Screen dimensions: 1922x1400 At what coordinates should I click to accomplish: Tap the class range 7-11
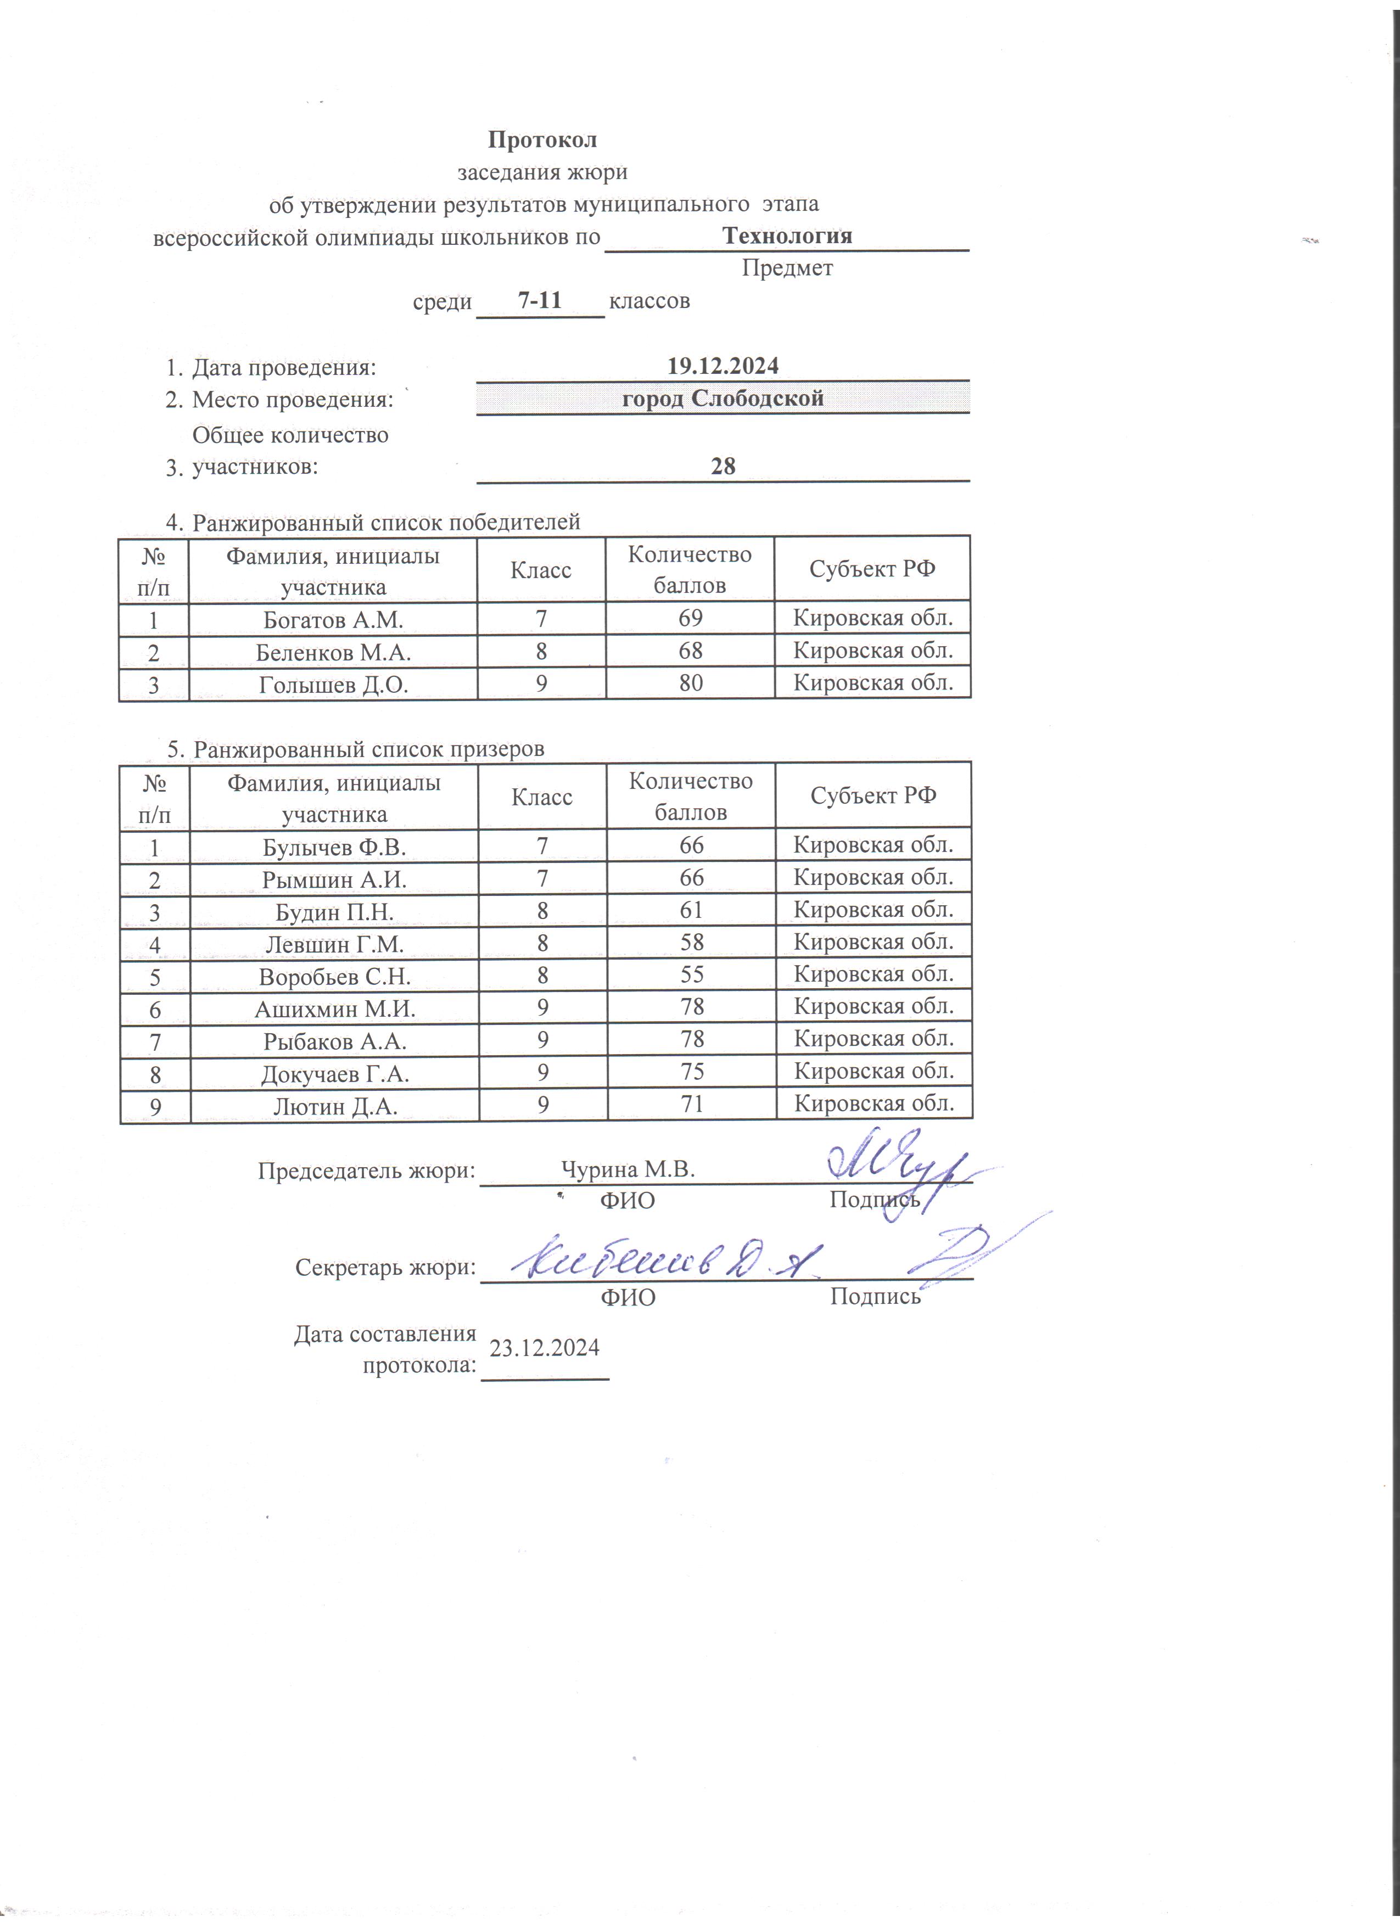tap(540, 300)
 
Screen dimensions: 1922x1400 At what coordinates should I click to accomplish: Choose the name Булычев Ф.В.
tap(334, 847)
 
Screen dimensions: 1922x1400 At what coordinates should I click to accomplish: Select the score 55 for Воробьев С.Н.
tap(692, 974)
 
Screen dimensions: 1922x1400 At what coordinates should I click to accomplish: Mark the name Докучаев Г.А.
tap(335, 1074)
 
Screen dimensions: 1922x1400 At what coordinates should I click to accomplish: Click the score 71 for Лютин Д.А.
tap(692, 1104)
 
